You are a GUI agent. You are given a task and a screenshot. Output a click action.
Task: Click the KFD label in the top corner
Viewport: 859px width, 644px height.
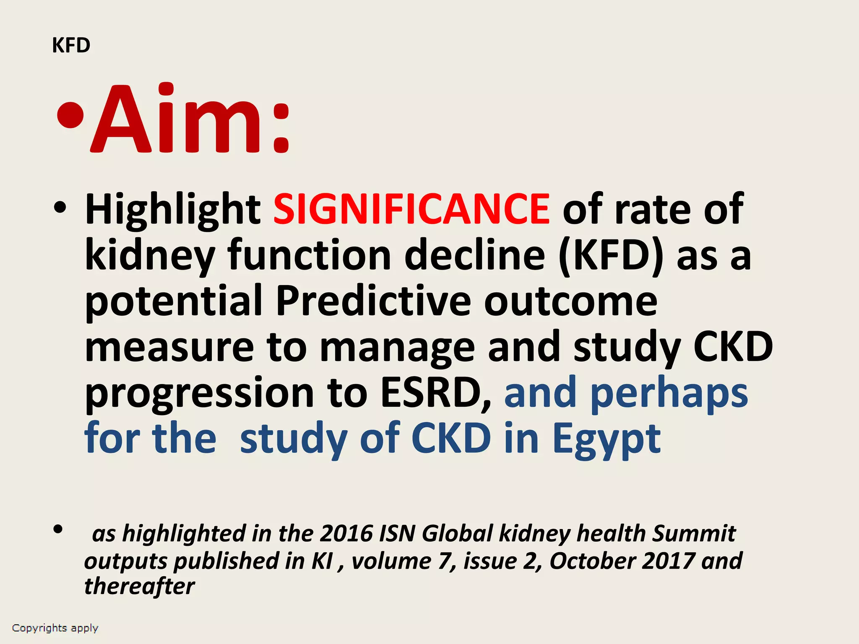click(71, 45)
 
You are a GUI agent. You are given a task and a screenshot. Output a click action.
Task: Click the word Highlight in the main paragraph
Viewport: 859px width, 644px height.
click(173, 210)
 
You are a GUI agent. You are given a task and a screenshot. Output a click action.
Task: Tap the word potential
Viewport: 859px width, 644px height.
click(174, 302)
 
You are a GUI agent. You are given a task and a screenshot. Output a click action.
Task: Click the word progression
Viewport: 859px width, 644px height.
click(200, 394)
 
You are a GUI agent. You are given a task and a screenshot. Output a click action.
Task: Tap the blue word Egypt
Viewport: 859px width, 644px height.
click(607, 440)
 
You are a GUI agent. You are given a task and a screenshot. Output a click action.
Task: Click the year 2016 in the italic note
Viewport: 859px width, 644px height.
click(346, 533)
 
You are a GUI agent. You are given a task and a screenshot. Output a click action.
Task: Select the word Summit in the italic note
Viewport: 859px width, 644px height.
click(694, 533)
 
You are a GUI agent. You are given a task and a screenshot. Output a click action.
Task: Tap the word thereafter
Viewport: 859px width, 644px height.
click(139, 586)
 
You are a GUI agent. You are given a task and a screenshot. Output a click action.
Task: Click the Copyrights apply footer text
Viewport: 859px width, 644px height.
click(55, 628)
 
